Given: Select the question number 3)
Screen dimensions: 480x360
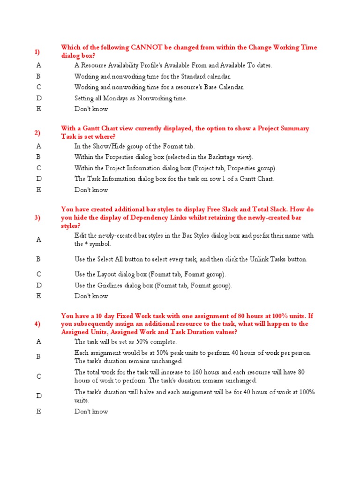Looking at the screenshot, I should [x=37, y=217].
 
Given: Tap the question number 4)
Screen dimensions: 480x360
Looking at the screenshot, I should [x=37, y=324].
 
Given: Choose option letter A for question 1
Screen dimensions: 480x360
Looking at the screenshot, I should [x=39, y=66].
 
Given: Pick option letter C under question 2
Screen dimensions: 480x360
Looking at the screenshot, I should [x=39, y=168].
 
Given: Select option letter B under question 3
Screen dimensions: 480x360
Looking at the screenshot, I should [x=39, y=259].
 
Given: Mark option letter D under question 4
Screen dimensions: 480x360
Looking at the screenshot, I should [x=39, y=396].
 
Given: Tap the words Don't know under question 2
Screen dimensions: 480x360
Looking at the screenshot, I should [x=91, y=190].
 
